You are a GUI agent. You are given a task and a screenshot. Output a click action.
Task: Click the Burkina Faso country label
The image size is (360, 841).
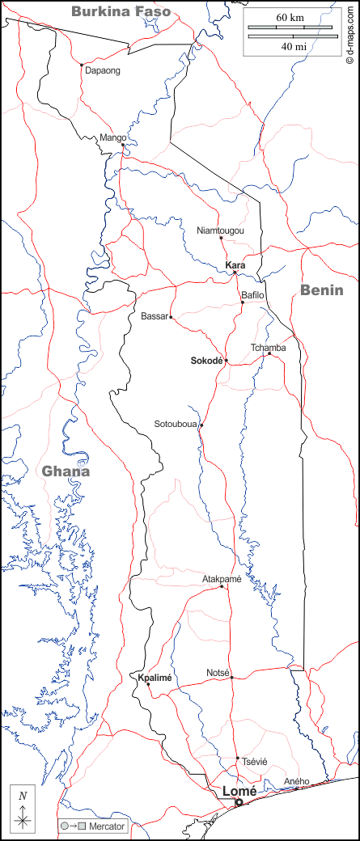[121, 11]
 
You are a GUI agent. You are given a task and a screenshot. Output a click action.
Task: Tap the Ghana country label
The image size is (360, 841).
[66, 471]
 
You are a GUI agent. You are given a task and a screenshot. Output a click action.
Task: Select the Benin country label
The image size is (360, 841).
[321, 290]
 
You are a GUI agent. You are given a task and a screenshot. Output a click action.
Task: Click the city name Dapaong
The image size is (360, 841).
[103, 70]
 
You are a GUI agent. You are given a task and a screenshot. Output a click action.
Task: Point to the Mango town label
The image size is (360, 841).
[112, 137]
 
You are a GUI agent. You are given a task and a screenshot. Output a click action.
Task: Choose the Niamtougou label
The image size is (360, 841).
[220, 231]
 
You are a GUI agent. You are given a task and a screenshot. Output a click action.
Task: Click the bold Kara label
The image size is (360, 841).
[235, 265]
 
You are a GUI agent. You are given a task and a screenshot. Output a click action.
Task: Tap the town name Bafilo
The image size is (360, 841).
[252, 296]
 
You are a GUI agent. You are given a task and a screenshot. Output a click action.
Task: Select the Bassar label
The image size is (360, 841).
[154, 316]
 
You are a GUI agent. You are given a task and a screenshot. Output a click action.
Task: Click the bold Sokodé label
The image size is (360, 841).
[206, 361]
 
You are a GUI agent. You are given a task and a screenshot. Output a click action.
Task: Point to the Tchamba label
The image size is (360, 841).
[268, 348]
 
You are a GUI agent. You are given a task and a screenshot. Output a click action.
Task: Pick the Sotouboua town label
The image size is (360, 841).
[175, 425]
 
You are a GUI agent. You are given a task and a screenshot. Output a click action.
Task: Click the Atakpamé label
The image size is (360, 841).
[222, 579]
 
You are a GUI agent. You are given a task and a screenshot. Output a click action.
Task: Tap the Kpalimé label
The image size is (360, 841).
[155, 678]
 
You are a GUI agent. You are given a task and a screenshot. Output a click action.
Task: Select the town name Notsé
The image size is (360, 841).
[218, 673]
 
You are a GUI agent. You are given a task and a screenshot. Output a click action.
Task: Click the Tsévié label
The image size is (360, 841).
[254, 762]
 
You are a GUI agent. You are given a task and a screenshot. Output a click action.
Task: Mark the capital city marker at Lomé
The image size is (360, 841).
[239, 802]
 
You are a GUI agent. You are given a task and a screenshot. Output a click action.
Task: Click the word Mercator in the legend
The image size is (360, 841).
[106, 826]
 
